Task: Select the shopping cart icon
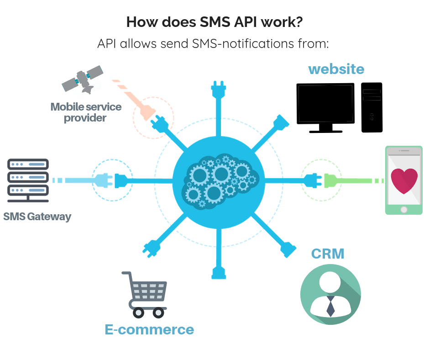pos(145,294)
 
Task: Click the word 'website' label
pos(336,69)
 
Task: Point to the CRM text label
pos(327,254)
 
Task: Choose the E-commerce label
pos(149,329)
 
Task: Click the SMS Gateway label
pos(37,216)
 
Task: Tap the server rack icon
pos(28,180)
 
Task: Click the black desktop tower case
pos(371,107)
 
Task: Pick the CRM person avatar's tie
pos(330,306)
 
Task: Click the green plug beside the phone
pos(332,181)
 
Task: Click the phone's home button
pos(403,209)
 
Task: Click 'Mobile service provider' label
pos(86,112)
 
